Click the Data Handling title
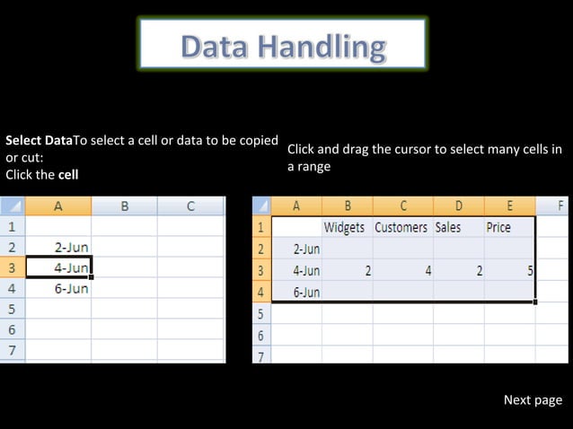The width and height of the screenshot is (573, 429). coord(283,46)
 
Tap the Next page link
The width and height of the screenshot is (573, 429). coord(533,400)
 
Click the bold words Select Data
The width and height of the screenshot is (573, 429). coord(39,141)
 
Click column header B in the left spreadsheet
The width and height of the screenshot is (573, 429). coord(124,206)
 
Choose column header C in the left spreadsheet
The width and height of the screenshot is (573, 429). coord(190,206)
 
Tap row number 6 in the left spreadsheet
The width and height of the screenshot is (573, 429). coord(13,329)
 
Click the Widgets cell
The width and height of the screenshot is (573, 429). coord(344,227)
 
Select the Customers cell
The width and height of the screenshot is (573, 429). coord(401,227)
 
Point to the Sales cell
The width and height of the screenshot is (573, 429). coord(448,227)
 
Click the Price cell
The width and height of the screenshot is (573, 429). coord(498,227)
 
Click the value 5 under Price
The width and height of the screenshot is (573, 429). coord(530,269)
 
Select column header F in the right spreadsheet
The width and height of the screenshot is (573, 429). coord(560,206)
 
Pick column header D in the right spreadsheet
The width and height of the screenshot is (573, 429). coord(458,206)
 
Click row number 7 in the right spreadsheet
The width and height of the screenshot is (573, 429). coord(261,355)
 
